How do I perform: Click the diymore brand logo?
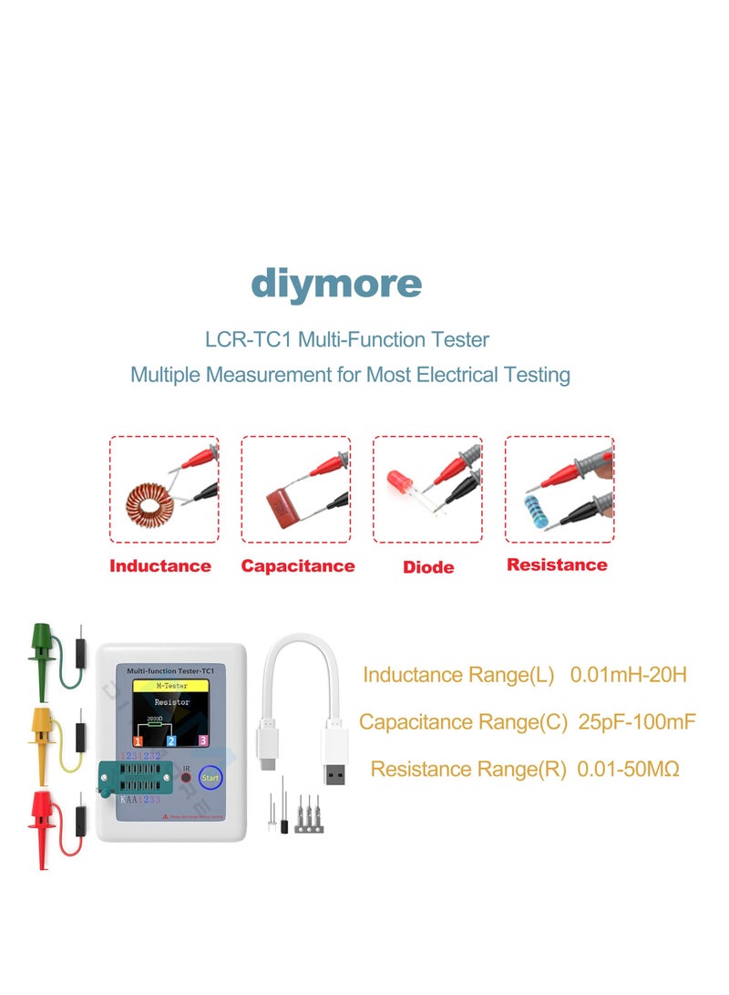(x=336, y=285)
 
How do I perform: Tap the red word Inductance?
(x=160, y=565)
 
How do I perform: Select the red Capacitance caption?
(x=298, y=565)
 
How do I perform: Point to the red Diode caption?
(x=428, y=567)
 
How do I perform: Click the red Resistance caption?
(x=557, y=565)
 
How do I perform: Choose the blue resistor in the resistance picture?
(x=535, y=507)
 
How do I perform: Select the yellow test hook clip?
(x=42, y=731)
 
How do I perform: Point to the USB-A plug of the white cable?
(x=334, y=762)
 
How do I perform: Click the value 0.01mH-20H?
(x=628, y=675)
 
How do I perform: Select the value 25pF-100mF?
(x=637, y=722)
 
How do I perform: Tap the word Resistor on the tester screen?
(x=172, y=703)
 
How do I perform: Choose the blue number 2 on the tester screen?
(x=170, y=741)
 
